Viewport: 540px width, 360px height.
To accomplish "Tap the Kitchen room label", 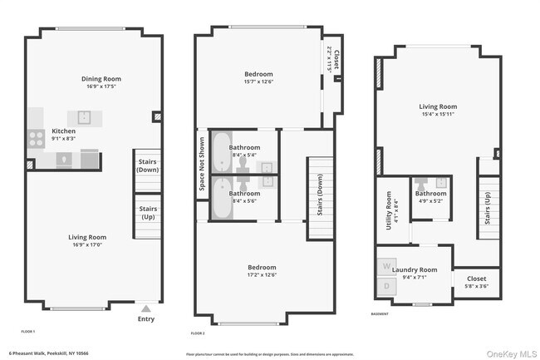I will coord(64,131).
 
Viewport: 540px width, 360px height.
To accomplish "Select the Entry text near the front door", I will coord(145,318).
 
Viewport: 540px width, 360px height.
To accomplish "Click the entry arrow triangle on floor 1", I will coord(146,307).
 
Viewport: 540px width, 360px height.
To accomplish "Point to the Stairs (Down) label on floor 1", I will coord(148,165).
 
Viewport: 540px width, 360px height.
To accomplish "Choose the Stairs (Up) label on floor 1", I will coord(148,213).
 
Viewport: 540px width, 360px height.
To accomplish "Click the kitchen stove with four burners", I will coord(37,139).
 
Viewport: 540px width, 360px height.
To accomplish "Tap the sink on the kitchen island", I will coord(85,117).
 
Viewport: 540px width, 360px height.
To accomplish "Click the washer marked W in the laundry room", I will coord(386,267).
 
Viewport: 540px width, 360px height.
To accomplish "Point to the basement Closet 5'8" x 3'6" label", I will coord(477,282).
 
